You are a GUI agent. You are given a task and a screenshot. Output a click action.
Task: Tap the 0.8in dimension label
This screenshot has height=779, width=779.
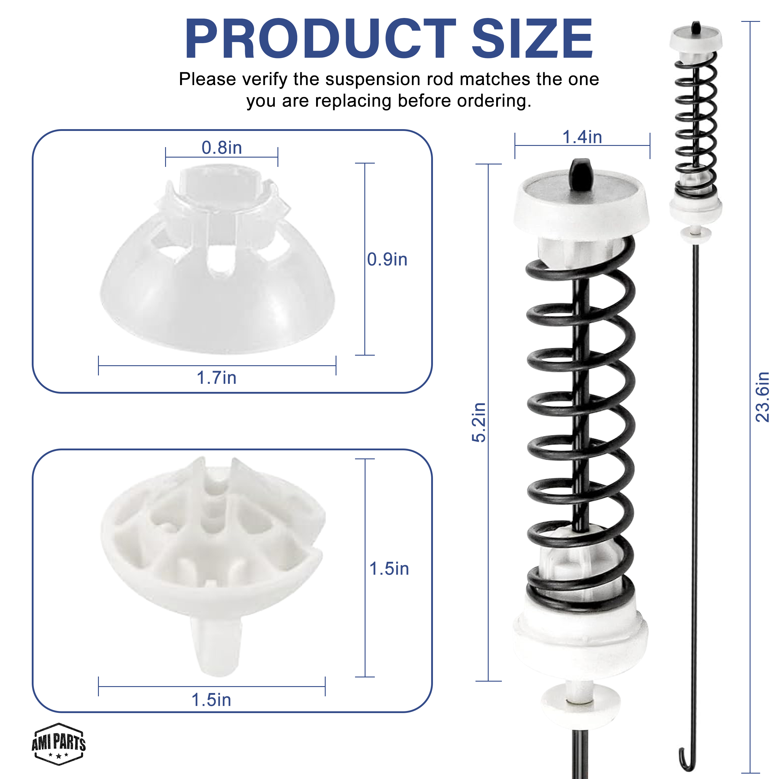(222, 148)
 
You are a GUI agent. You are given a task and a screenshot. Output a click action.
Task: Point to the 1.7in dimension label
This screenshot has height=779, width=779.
(217, 378)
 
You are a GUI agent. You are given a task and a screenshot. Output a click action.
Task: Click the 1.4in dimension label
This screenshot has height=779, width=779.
(582, 137)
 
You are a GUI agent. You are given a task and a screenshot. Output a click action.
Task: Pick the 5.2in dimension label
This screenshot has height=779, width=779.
(479, 422)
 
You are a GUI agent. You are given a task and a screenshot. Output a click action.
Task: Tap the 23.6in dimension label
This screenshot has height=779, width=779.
(762, 397)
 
